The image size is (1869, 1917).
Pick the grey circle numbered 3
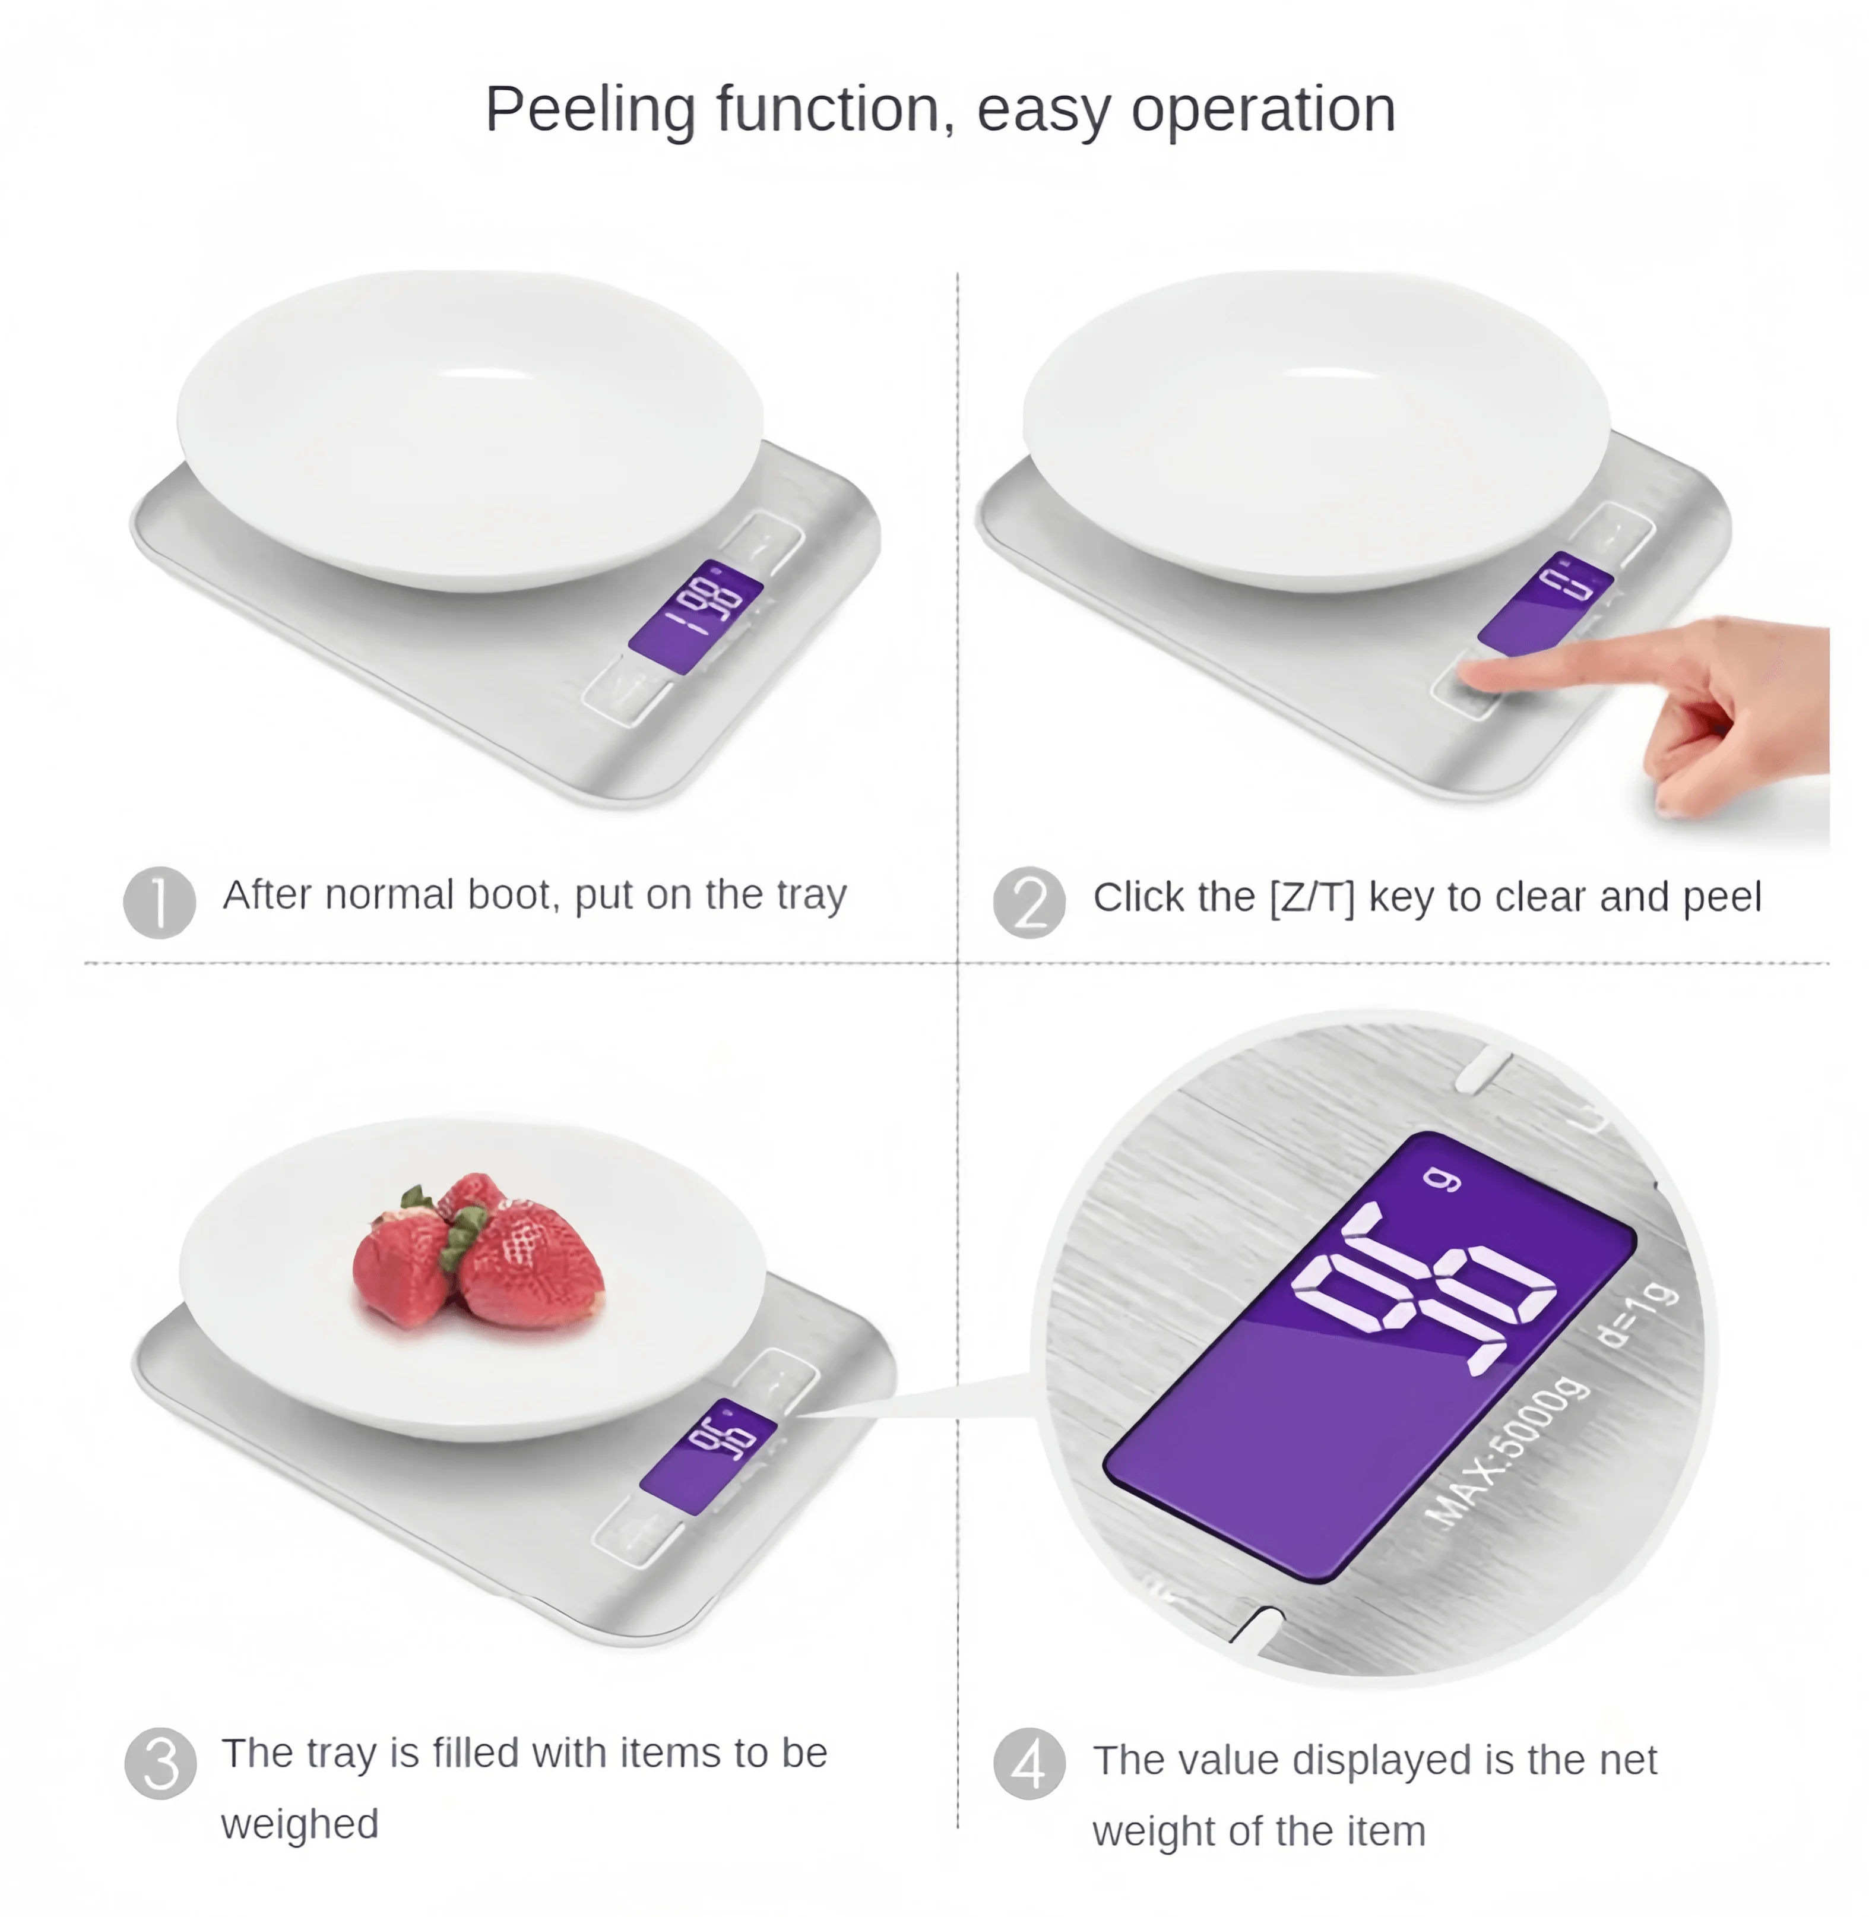[161, 1763]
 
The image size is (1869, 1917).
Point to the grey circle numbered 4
[1029, 1763]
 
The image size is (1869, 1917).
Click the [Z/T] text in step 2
[1312, 897]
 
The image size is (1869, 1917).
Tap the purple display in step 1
[695, 617]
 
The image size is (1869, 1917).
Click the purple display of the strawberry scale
[708, 1456]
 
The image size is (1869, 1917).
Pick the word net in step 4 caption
[1627, 1761]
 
